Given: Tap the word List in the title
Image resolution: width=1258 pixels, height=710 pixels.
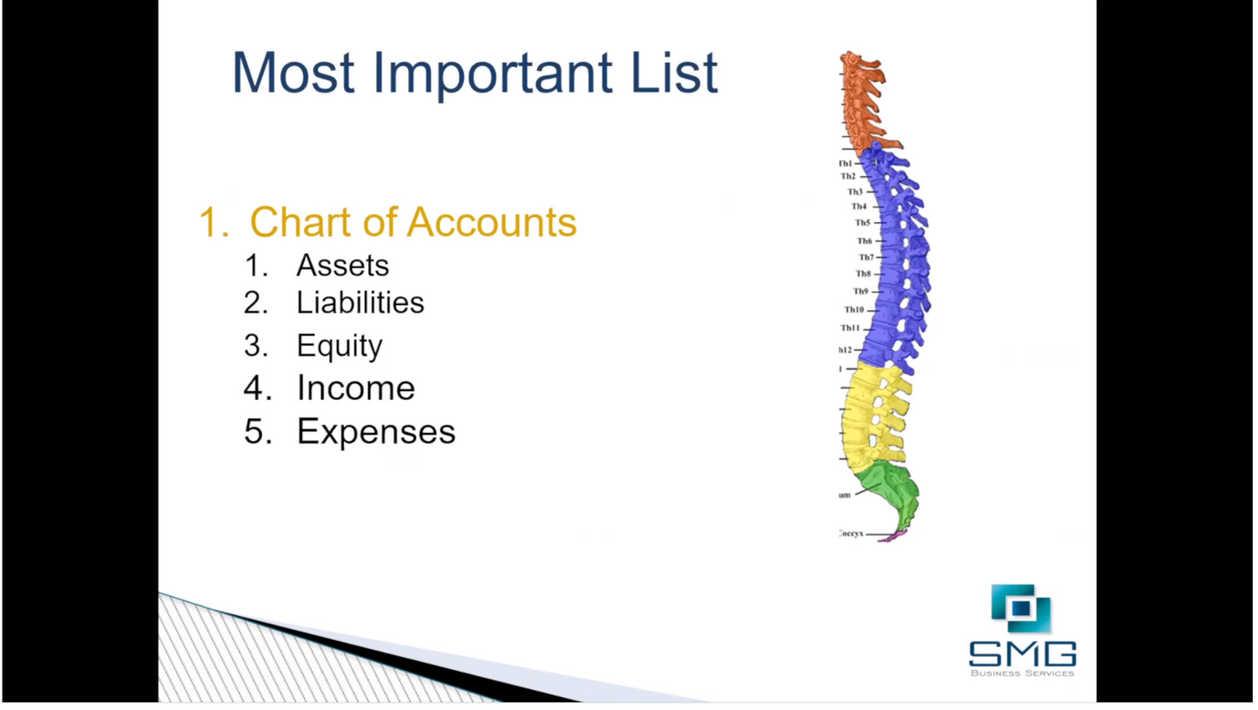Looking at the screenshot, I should [675, 73].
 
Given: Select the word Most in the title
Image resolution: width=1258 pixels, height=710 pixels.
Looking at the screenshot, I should [293, 73].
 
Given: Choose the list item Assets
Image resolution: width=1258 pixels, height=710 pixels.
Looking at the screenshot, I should [342, 265].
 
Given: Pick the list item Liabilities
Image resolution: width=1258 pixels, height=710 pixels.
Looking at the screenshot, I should [360, 302].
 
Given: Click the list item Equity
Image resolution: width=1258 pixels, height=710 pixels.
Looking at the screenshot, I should [339, 346].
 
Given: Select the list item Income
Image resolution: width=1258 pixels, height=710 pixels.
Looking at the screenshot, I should [355, 388].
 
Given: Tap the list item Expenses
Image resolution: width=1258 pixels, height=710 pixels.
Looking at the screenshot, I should [375, 431].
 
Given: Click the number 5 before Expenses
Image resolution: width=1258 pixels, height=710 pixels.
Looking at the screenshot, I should [254, 431].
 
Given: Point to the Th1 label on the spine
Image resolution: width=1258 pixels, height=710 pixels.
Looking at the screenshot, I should [846, 163].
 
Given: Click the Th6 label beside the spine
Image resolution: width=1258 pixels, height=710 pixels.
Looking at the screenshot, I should [864, 240].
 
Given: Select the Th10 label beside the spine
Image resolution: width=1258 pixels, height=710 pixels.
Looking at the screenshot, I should [853, 309].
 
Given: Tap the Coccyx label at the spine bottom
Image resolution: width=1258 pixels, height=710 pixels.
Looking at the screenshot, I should [851, 533].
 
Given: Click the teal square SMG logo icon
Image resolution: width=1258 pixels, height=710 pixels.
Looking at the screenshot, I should [1020, 607].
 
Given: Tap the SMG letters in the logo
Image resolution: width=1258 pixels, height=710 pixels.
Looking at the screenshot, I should [1022, 653].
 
